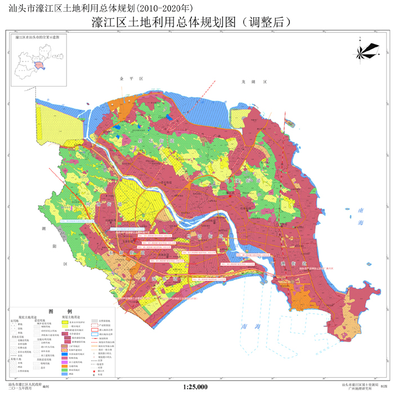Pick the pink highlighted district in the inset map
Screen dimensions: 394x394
(38, 65)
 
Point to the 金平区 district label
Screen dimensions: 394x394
(129, 79)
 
